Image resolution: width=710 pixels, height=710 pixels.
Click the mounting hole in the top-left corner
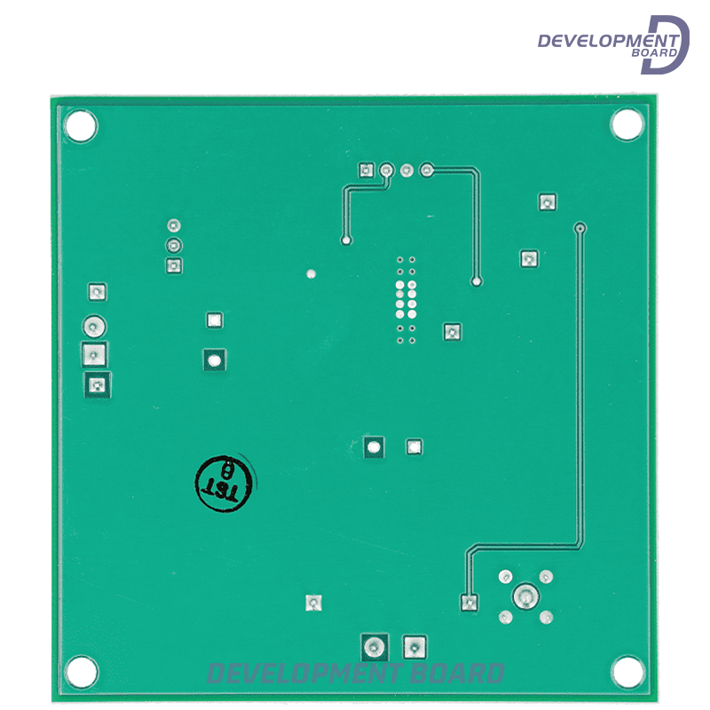[x=81, y=125]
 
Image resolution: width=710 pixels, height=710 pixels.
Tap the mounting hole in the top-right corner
[x=627, y=124]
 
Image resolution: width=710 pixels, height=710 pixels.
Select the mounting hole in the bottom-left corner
[x=81, y=672]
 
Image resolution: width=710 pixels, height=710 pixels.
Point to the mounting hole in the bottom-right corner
[x=627, y=672]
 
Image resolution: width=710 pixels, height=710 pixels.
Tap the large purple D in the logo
[x=667, y=44]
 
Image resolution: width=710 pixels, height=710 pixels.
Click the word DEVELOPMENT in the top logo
[x=607, y=40]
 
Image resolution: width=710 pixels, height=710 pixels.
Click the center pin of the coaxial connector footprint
[x=525, y=596]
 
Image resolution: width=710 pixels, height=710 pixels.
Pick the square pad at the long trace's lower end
[x=469, y=603]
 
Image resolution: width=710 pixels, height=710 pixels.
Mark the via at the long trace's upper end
[x=580, y=228]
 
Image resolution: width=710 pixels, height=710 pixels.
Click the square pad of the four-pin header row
[x=365, y=170]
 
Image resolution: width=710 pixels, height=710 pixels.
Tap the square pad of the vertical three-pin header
[x=174, y=265]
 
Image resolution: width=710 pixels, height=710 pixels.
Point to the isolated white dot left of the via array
[x=311, y=273]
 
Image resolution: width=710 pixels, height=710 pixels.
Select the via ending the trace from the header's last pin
[x=477, y=282]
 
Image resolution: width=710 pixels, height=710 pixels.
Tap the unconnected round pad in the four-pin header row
[x=406, y=170]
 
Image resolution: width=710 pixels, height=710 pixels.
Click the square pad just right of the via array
[x=452, y=332]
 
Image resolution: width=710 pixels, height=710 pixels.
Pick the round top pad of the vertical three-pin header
[x=174, y=225]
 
